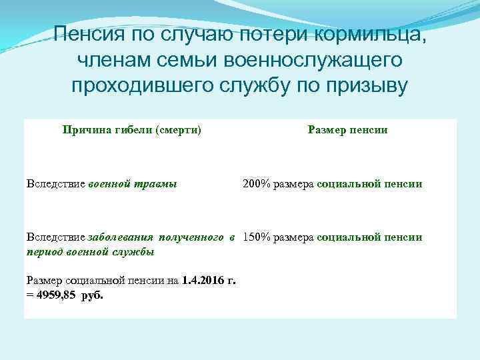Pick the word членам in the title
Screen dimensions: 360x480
[x=111, y=61]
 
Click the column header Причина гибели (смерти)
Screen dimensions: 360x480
[x=132, y=130]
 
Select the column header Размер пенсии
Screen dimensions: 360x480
[x=347, y=130]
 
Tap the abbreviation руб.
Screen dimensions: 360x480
[x=92, y=295]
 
